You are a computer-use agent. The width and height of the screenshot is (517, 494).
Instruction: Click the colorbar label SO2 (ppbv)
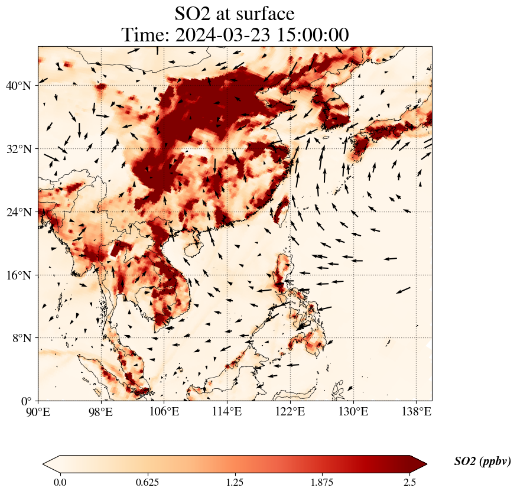pyautogui.click(x=482, y=461)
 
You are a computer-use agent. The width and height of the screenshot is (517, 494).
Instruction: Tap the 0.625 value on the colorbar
pyautogui.click(x=147, y=482)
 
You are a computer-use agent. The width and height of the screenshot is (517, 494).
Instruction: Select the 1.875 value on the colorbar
pyautogui.click(x=322, y=482)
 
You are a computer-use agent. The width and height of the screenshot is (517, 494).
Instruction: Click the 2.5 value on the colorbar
pyautogui.click(x=409, y=482)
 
